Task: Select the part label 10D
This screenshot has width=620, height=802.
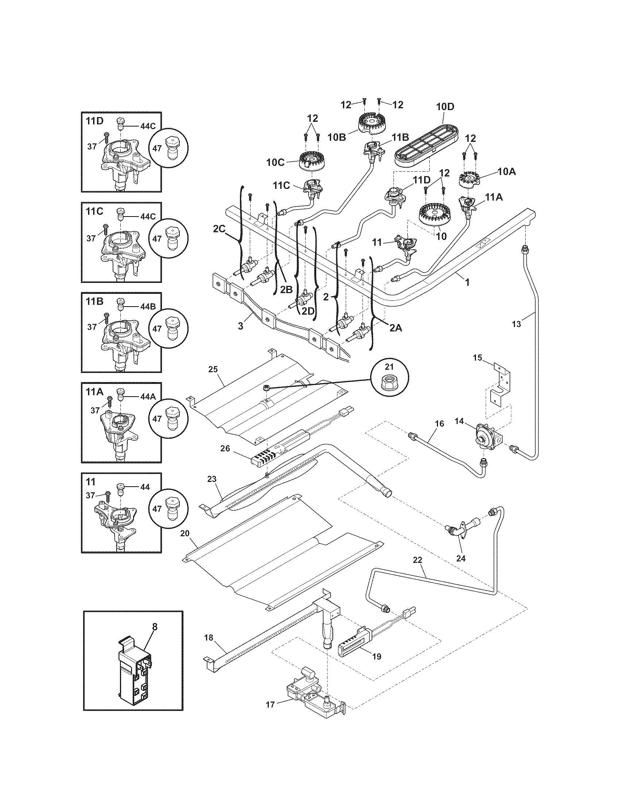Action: point(445,107)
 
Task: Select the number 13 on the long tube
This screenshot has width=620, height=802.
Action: point(516,324)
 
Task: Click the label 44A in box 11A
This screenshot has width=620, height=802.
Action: point(148,396)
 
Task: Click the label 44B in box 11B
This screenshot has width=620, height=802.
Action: point(148,306)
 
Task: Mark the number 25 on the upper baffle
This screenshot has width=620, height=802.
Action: point(213,369)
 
